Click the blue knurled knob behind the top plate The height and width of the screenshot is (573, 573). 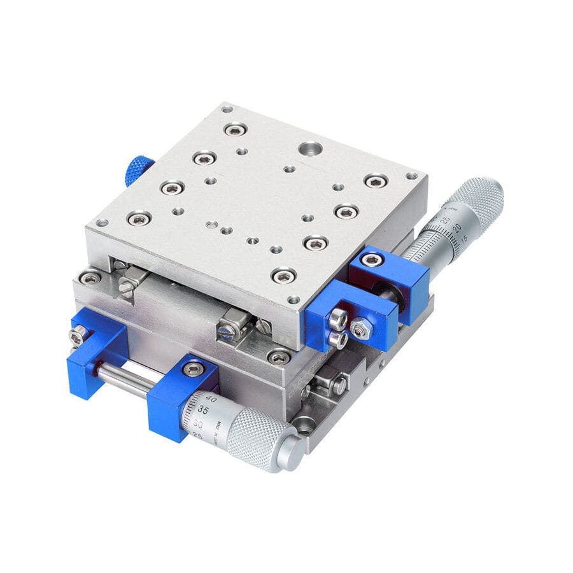coord(138,170)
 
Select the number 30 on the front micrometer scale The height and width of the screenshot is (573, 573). coord(198,423)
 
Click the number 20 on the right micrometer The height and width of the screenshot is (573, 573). coord(456,229)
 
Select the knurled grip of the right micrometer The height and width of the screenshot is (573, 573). coord(478,197)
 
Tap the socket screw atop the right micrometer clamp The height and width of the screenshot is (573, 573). coord(371,260)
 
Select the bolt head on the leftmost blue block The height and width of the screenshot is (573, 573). coord(78,334)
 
